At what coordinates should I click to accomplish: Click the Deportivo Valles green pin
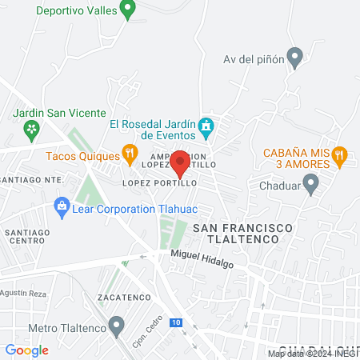pos(126,10)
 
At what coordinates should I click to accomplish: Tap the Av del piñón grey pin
pos(295,58)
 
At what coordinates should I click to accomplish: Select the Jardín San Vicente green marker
pos(30,128)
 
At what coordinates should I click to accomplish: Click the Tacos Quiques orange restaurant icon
pos(129,152)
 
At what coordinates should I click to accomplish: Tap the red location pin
pos(180,163)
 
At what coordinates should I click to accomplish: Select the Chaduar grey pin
pos(311,185)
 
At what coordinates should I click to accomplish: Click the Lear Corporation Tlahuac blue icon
pos(62,207)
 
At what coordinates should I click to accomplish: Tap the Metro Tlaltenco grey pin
pos(118,326)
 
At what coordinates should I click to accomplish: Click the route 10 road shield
pos(176,322)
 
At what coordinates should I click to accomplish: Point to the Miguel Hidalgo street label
pos(202,258)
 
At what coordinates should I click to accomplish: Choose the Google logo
pos(26,350)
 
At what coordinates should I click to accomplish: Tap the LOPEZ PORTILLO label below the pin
pos(159,183)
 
